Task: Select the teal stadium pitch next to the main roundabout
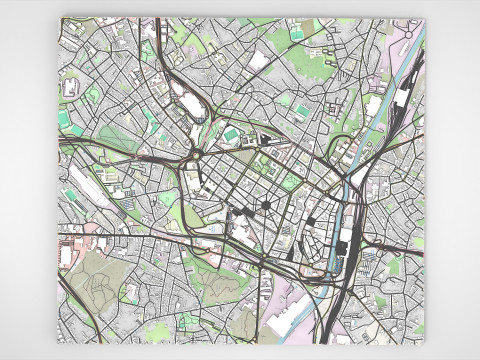(x=232, y=134)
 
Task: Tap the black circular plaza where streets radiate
(x=267, y=206)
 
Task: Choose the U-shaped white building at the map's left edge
(x=70, y=87)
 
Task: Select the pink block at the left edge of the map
(x=67, y=240)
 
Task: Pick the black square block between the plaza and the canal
(x=311, y=221)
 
